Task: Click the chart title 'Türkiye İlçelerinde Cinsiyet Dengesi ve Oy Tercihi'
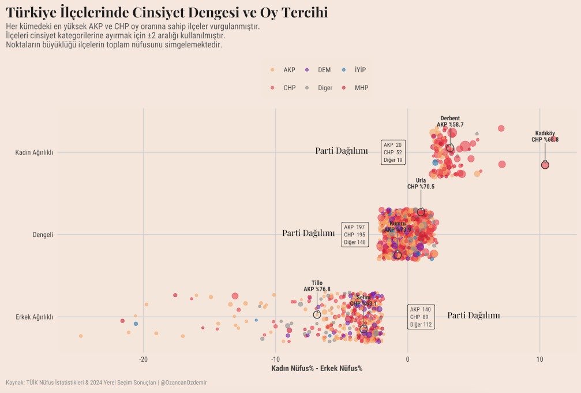click(167, 12)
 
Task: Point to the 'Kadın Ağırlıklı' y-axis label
click(34, 153)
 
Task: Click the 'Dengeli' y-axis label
click(43, 235)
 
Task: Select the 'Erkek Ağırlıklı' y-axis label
click(34, 317)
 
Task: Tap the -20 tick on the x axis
click(144, 359)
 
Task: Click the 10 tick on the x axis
click(539, 359)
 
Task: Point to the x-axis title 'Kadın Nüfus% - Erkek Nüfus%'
click(317, 369)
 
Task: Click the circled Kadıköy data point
click(545, 165)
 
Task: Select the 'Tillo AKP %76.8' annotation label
click(317, 286)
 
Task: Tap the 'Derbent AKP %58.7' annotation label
click(450, 121)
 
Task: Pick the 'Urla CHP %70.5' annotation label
click(421, 184)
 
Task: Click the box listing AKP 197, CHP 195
click(355, 235)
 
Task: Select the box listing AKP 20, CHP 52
click(393, 152)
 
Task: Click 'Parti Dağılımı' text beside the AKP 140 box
click(473, 316)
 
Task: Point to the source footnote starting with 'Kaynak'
click(106, 383)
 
